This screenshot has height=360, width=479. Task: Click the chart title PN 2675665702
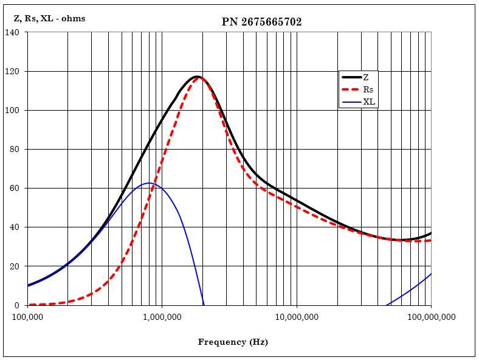(x=261, y=22)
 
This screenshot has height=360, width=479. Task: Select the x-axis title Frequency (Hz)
(x=233, y=342)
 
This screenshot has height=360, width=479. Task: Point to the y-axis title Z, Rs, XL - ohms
(x=49, y=18)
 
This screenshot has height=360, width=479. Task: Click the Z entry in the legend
(x=366, y=77)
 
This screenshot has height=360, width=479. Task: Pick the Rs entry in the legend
(x=368, y=89)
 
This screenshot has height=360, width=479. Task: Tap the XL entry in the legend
(x=369, y=102)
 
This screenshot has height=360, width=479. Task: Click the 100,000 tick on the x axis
(x=28, y=317)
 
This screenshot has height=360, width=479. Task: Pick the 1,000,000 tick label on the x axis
(x=162, y=317)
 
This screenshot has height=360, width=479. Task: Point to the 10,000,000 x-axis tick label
(x=296, y=317)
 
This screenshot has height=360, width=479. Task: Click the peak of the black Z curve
(x=197, y=77)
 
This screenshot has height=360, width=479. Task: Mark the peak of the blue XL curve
(x=149, y=182)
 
